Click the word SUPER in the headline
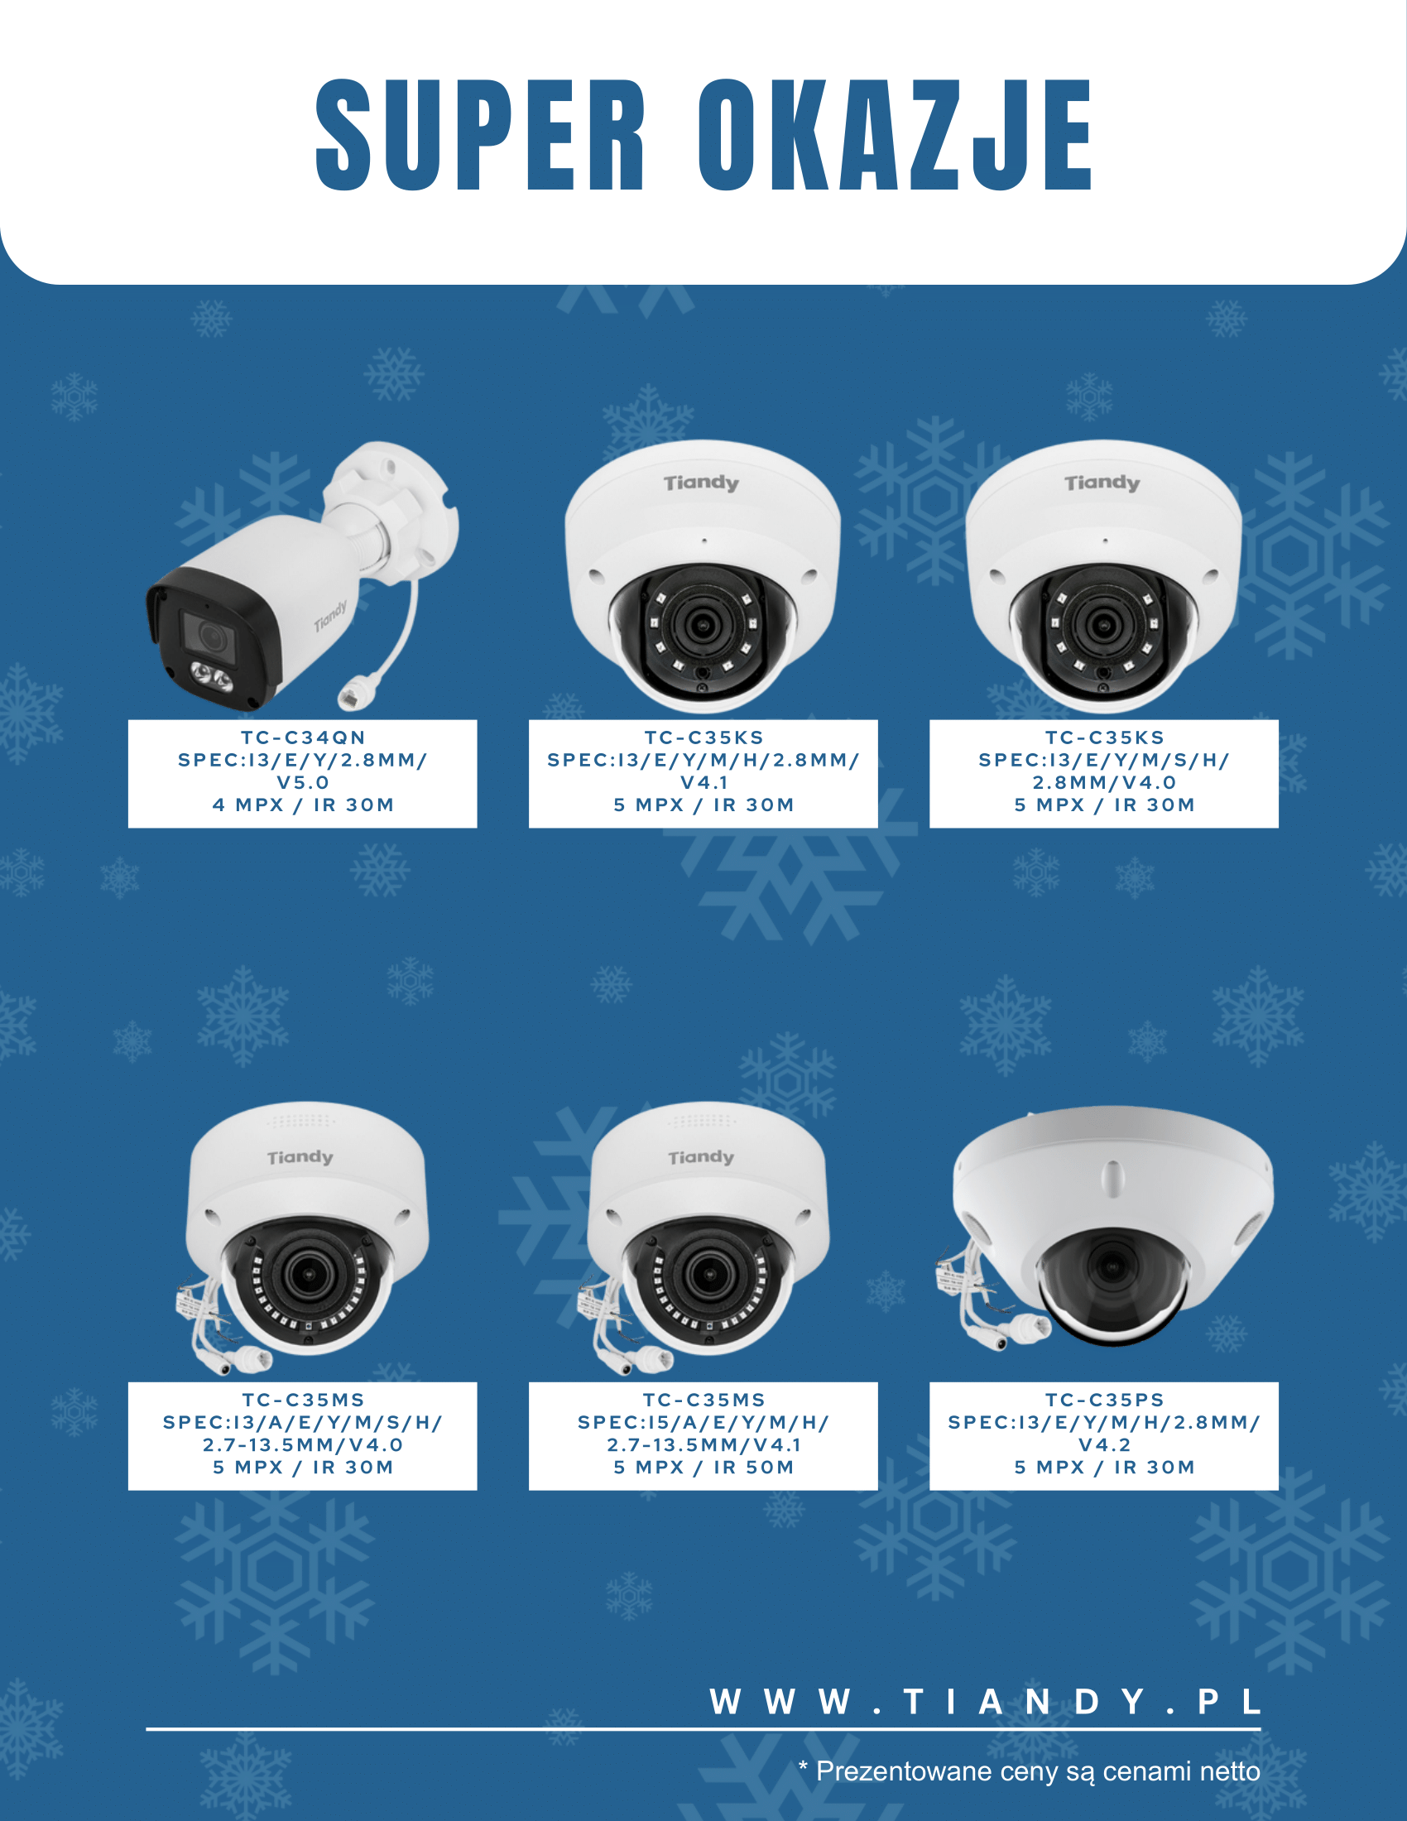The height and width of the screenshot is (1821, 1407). pos(480,135)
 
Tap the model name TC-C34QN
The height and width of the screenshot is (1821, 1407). pos(303,738)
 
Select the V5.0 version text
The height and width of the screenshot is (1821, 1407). pos(303,783)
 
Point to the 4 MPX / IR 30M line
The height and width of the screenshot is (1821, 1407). pos(303,805)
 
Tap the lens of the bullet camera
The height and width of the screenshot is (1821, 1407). pos(212,638)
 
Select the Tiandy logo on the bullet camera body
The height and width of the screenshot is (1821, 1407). pos(331,615)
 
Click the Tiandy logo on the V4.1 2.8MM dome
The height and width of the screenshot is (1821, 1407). pos(701,483)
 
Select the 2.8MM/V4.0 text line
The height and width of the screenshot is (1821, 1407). pos(1104,783)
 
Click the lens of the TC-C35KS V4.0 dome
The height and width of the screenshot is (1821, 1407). pos(1103,622)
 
